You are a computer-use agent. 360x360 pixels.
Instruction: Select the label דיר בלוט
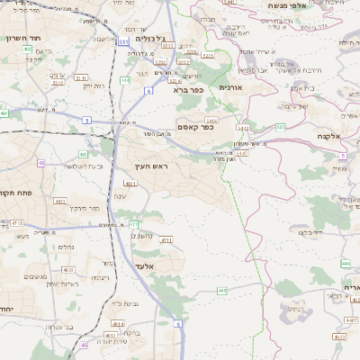304,232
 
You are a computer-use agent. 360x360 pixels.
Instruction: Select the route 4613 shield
69,269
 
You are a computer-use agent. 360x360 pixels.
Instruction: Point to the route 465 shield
221,292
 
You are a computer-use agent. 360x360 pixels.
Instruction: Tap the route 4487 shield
352,319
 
